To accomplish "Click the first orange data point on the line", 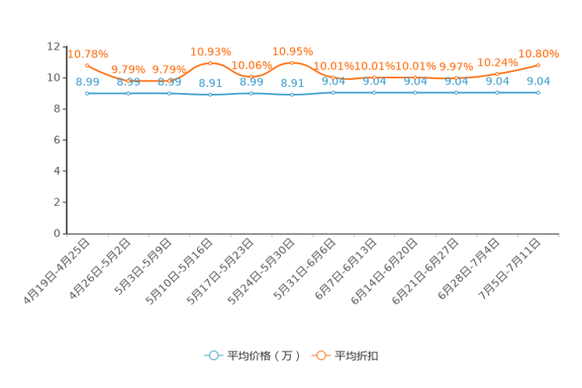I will (x=87, y=65).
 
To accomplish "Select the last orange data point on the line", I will (x=538, y=65).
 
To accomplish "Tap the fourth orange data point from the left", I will (x=210, y=63).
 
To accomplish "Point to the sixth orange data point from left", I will (x=292, y=62).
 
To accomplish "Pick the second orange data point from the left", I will (x=128, y=81).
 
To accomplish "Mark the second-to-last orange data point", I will (x=497, y=73).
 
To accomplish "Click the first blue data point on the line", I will (x=87, y=93).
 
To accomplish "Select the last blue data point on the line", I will (x=538, y=92).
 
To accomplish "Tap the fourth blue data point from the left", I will (x=210, y=95).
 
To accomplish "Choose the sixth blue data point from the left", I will (x=292, y=95).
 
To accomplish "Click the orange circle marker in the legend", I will (x=321, y=355).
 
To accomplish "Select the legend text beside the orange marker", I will (x=357, y=356).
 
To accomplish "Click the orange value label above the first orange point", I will (x=88, y=54).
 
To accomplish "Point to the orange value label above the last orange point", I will (x=539, y=53).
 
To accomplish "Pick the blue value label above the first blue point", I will (x=87, y=81).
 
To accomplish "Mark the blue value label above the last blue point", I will (x=539, y=81).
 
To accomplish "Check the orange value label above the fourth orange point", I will (x=210, y=52).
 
